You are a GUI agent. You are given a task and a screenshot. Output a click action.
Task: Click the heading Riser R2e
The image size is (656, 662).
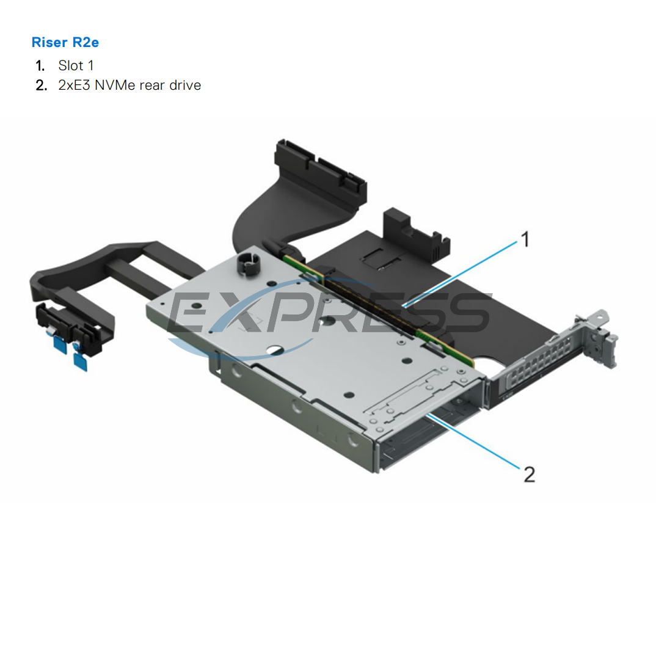click(x=65, y=42)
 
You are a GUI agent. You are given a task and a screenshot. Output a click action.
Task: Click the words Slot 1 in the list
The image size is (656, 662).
click(x=76, y=65)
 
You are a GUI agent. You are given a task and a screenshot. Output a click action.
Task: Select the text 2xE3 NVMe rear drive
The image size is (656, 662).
click(x=129, y=85)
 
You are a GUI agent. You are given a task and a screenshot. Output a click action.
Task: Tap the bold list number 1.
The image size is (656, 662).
click(x=40, y=65)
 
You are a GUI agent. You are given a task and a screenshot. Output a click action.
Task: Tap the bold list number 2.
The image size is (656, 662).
click(x=40, y=85)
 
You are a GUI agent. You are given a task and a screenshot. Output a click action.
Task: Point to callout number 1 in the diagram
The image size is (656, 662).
click(x=523, y=240)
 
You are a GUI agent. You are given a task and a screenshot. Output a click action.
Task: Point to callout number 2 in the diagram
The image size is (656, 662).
click(x=529, y=473)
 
